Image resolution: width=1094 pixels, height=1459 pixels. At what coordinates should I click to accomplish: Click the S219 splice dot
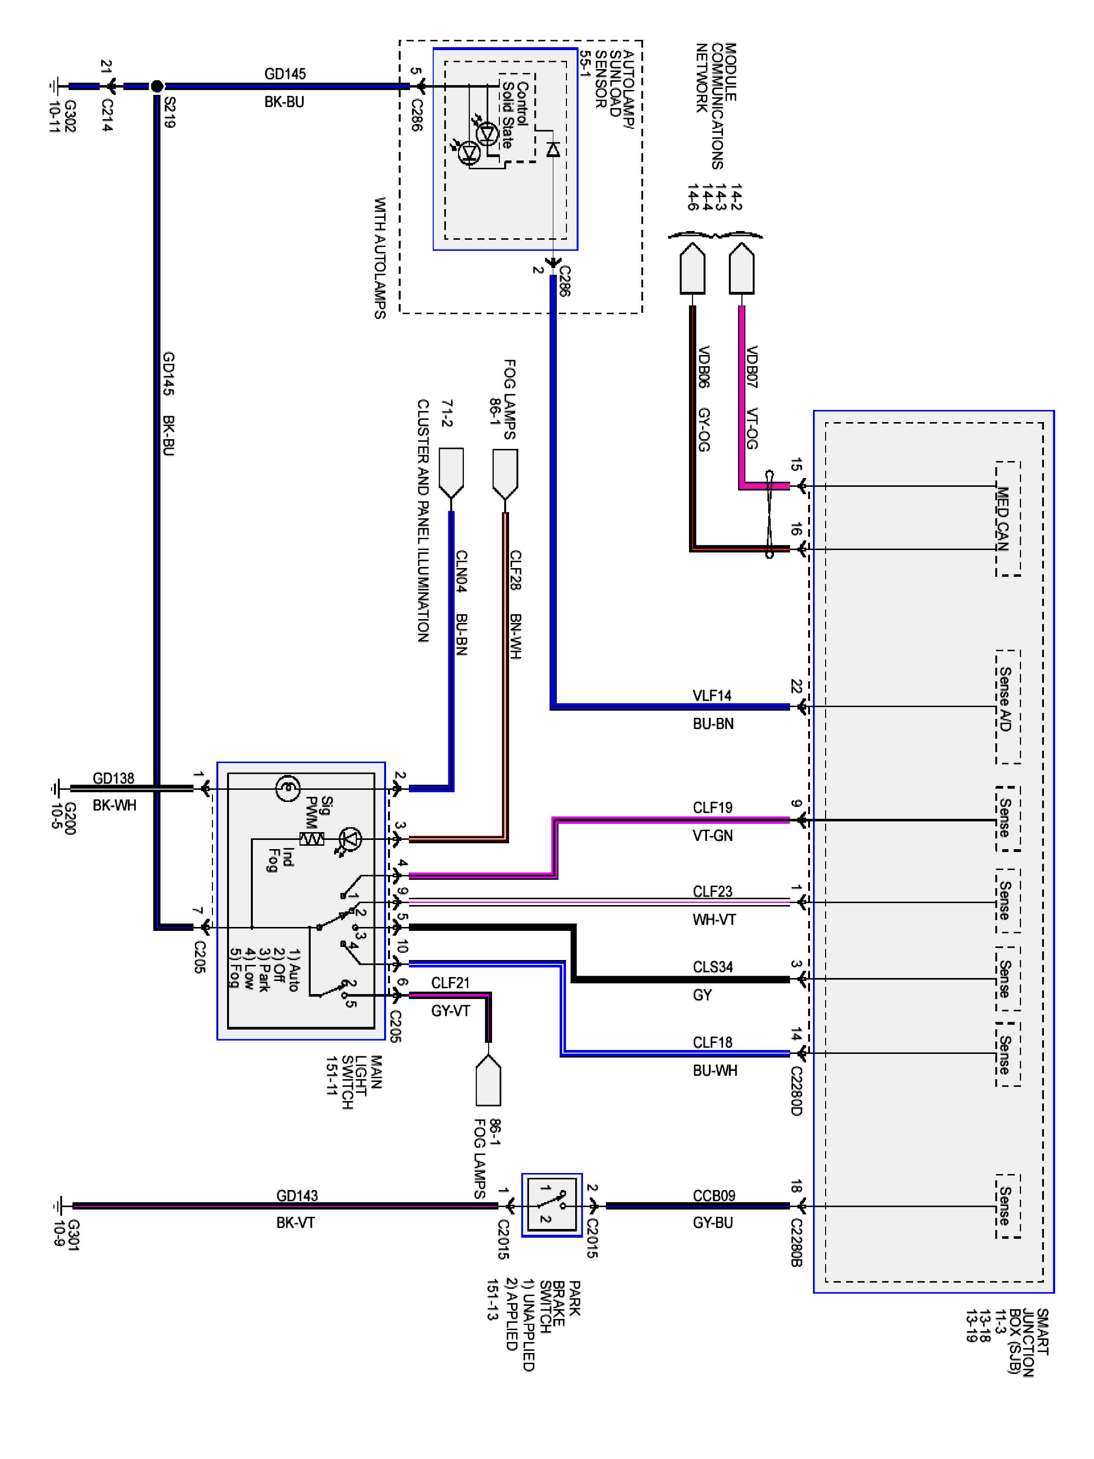click(x=157, y=86)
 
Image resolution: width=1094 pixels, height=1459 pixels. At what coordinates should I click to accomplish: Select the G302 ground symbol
click(x=54, y=86)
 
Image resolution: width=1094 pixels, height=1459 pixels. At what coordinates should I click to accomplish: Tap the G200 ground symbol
click(x=55, y=787)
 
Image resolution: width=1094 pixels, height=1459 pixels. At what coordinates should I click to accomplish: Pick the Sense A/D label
click(x=1004, y=699)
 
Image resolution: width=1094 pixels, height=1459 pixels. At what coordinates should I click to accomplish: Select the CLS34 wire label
click(x=713, y=967)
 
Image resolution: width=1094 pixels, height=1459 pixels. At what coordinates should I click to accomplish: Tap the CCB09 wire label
click(x=713, y=1195)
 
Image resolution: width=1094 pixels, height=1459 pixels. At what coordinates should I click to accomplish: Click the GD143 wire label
click(x=297, y=1195)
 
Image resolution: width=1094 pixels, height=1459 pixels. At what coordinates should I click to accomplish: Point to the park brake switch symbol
click(x=552, y=1205)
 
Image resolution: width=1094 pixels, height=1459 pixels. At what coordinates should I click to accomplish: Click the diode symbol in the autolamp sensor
click(x=553, y=149)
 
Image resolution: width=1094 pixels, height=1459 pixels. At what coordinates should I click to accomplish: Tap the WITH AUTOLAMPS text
click(x=380, y=258)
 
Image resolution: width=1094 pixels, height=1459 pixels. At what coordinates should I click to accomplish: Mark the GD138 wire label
click(x=113, y=778)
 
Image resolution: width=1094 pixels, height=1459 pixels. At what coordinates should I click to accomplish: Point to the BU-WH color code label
click(x=715, y=1070)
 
